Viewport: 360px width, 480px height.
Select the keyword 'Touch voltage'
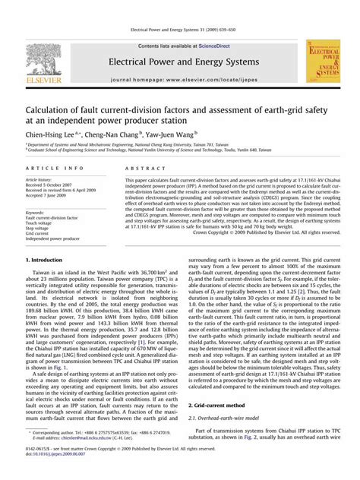click(x=39, y=223)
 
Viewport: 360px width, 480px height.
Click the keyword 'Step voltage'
click(x=38, y=229)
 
